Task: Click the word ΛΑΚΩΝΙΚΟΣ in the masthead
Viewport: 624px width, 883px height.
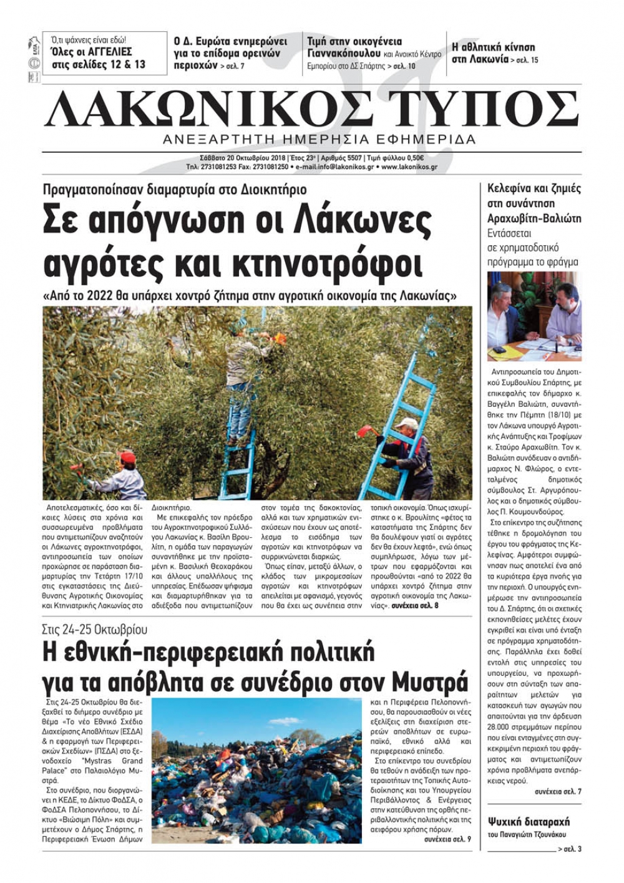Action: [228, 109]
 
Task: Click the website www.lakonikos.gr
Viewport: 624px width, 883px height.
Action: [409, 167]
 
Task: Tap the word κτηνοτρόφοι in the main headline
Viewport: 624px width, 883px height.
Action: [327, 263]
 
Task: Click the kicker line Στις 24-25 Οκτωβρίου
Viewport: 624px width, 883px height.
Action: [95, 629]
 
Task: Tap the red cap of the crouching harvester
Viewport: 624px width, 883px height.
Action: [127, 457]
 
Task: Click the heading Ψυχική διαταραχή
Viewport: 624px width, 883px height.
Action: [529, 821]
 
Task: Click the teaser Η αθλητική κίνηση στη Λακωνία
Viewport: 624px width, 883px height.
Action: [493, 53]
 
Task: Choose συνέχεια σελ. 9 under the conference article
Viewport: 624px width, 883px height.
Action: [447, 839]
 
